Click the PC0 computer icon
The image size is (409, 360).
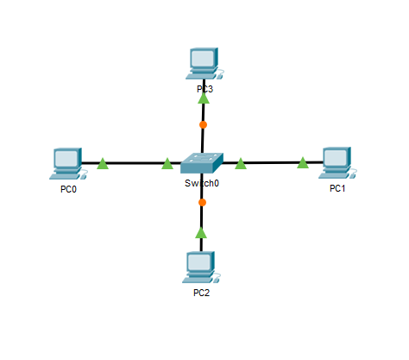[x=68, y=164]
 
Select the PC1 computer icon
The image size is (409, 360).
[x=337, y=162]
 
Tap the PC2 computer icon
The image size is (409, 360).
[x=201, y=267]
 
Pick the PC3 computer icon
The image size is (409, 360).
[x=204, y=63]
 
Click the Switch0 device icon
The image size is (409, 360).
[x=202, y=163]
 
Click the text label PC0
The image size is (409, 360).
[x=68, y=189]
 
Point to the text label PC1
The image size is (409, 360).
[x=337, y=188]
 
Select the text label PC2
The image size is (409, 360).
[x=201, y=293]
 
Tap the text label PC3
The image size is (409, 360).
[x=204, y=89]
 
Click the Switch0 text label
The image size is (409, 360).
[x=202, y=183]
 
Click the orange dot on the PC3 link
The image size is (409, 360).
[x=203, y=124]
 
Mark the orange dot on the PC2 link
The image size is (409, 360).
[x=202, y=202]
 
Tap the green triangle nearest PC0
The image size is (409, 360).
[x=103, y=164]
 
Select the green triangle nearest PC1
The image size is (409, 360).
[x=303, y=163]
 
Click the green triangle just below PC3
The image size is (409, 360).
[x=204, y=98]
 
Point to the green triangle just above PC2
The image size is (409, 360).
[x=201, y=233]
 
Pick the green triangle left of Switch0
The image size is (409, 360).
[x=167, y=164]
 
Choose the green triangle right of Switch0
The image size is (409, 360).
[x=241, y=164]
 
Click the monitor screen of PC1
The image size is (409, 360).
[x=336, y=157]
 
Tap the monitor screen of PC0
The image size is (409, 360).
[x=66, y=159]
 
